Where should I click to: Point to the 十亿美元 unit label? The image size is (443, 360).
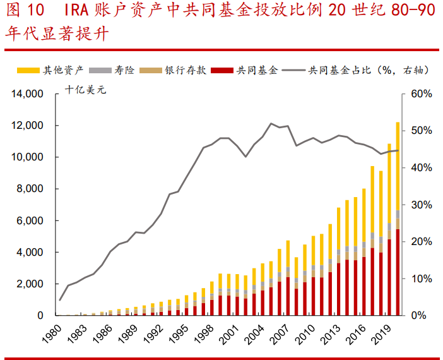(x=88, y=90)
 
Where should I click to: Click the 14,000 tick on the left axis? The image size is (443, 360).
(x=27, y=94)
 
